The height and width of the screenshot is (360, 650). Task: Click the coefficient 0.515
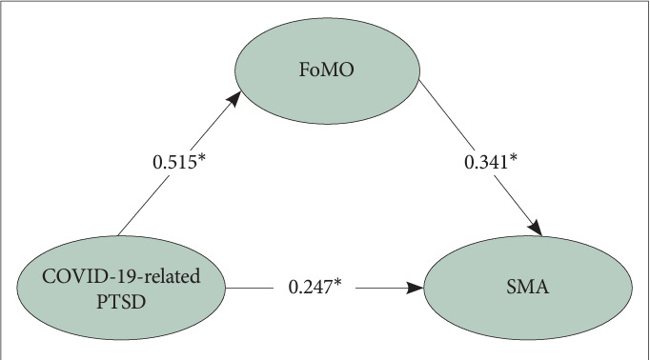coord(173,163)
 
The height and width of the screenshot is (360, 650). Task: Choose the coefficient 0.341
coord(484,163)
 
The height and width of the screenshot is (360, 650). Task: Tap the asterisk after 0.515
coord(201,160)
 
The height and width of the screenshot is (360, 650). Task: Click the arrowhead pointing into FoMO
coord(234,99)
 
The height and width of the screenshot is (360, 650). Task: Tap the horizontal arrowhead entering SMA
coord(416,285)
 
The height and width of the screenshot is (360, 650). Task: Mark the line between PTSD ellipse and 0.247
coord(253,285)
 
